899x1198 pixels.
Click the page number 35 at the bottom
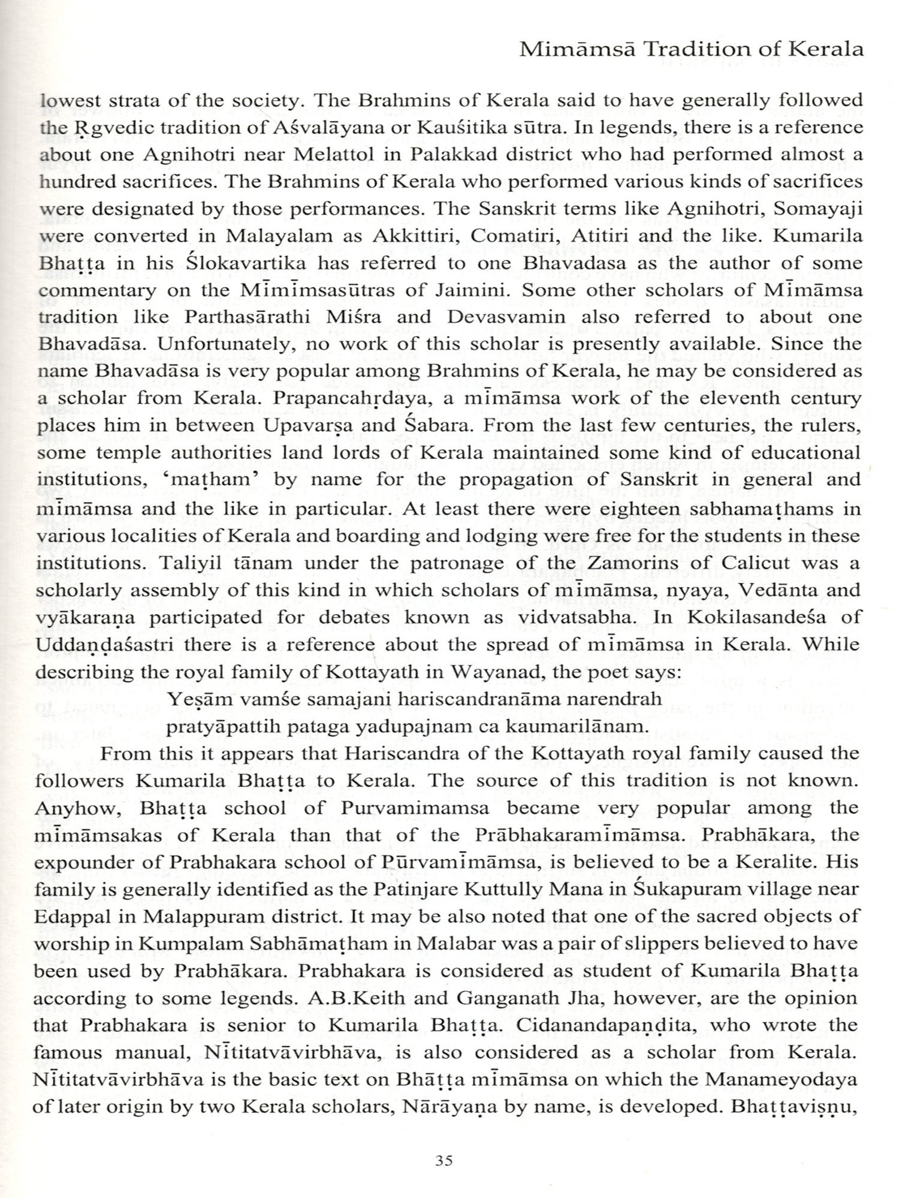(444, 1161)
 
